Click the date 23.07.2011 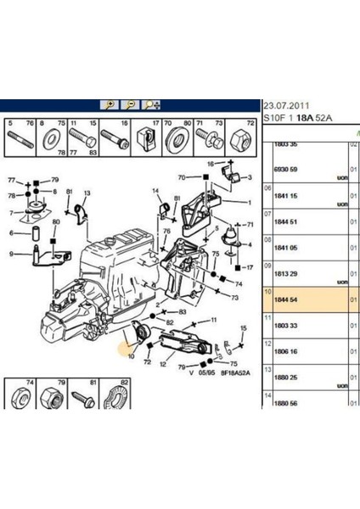coord(287,105)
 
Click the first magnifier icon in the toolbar coord(110,104)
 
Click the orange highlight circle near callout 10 coord(128,342)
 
